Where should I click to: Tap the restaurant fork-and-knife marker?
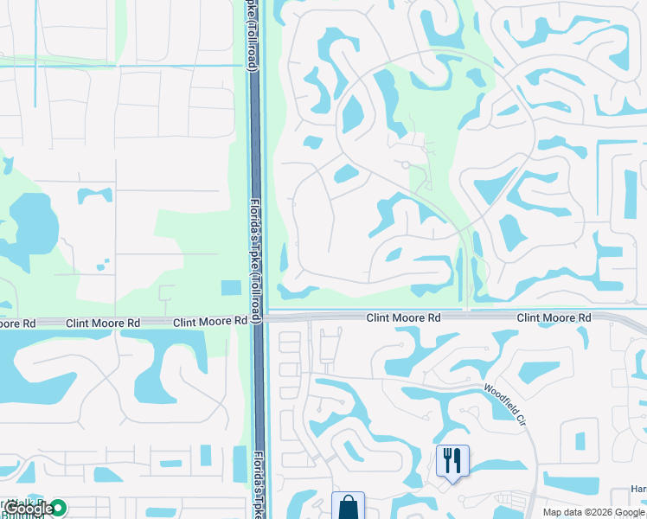452,460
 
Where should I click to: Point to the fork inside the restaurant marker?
447,458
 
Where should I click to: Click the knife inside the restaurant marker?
458,458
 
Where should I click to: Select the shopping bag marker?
348,506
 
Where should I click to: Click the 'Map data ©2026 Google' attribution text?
593,512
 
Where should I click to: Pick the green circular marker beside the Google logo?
58,508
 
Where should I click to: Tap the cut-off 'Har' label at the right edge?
638,490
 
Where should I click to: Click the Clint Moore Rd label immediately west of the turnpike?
210,322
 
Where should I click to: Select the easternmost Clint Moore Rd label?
554,318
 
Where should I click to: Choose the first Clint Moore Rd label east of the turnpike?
403,318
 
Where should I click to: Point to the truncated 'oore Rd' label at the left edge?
17,323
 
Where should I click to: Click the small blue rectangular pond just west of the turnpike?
231,288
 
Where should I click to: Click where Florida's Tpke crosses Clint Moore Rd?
258,319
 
